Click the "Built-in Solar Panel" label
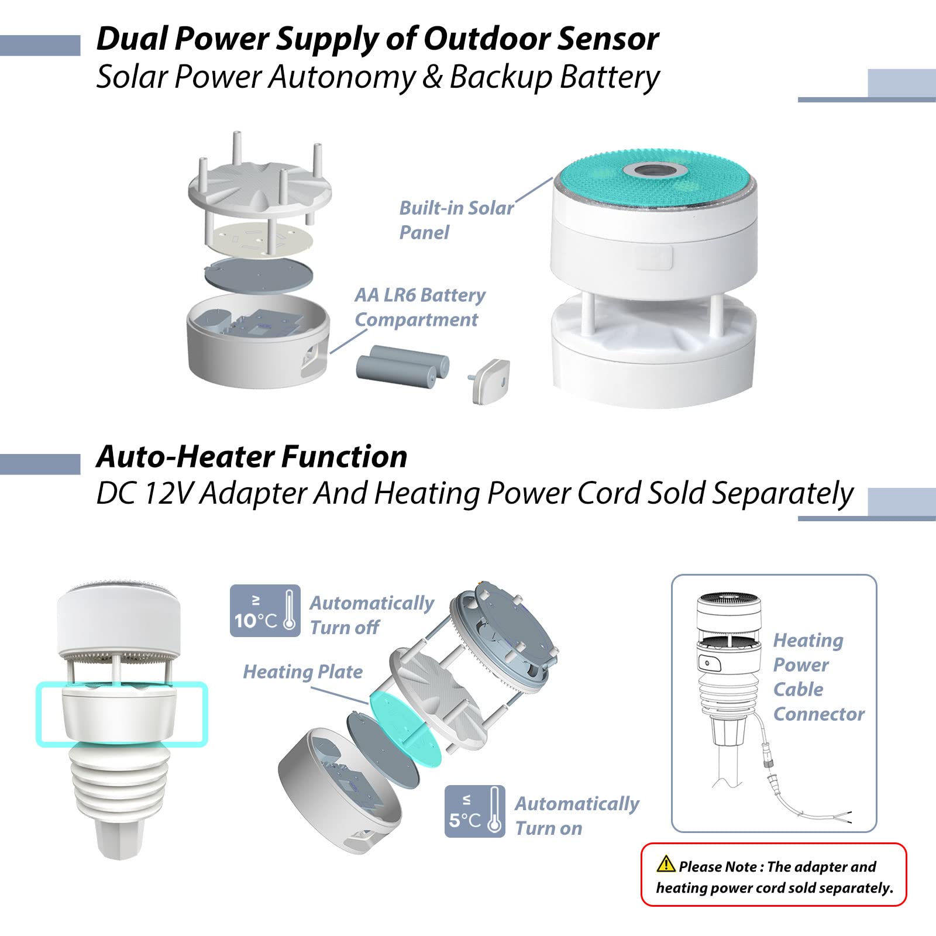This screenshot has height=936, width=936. pos(456,220)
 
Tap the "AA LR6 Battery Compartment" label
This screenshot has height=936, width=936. pos(419,307)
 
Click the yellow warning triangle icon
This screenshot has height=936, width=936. pos(666,863)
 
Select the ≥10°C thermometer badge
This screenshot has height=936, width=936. pos(265,611)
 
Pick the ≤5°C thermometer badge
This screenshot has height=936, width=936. pos(474,811)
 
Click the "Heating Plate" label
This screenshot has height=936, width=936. pos(302,672)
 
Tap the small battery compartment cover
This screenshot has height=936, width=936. pos(489,380)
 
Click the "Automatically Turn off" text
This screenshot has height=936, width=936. pos(371,615)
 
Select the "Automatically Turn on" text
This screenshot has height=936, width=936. pos(577,815)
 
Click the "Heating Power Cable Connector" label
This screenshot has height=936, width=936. pos(818,677)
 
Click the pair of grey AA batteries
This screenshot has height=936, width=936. pos(402,364)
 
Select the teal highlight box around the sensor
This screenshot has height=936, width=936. pos(122,714)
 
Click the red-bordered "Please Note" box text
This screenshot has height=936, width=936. pos(774,876)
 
